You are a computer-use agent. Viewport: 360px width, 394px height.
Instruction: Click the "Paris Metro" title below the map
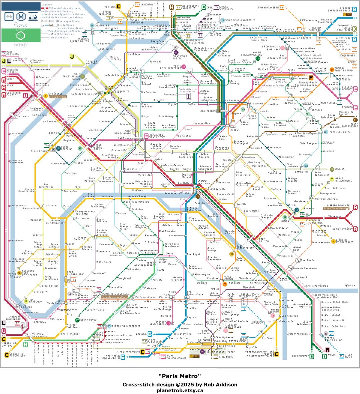(180, 376)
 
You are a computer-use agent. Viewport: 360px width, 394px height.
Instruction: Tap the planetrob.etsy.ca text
(180, 390)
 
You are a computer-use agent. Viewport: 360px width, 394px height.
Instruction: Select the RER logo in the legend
(9, 16)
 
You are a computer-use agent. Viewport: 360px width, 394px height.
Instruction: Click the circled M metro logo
(21, 16)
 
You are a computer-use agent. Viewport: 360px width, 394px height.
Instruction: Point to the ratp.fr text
(21, 44)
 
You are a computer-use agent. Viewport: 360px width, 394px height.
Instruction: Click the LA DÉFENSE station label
(55, 94)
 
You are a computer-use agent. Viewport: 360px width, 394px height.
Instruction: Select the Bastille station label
(242, 204)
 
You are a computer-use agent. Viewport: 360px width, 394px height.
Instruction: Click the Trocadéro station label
(70, 191)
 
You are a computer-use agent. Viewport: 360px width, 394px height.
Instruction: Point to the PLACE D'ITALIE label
(228, 277)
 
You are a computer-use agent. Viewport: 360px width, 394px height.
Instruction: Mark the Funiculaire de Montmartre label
(188, 90)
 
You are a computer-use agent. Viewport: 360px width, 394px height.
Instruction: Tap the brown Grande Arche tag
(57, 97)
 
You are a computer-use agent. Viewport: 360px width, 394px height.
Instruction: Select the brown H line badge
(171, 7)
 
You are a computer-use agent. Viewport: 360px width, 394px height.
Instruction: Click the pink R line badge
(327, 350)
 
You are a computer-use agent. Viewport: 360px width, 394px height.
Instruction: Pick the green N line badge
(26, 344)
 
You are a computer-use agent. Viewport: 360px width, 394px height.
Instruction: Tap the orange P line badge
(311, 78)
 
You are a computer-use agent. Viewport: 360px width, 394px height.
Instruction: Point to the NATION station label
(285, 221)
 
